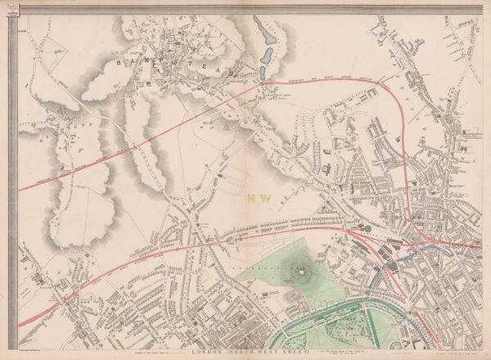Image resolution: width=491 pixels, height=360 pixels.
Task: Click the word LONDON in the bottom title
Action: point(206,351)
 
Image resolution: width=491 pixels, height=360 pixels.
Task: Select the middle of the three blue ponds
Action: point(267,56)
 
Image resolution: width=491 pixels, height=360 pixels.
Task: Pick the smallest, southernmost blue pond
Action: point(262,73)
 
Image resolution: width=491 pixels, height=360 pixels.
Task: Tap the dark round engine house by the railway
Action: point(365,229)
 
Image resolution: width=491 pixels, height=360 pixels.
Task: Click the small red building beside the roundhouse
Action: point(361,221)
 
